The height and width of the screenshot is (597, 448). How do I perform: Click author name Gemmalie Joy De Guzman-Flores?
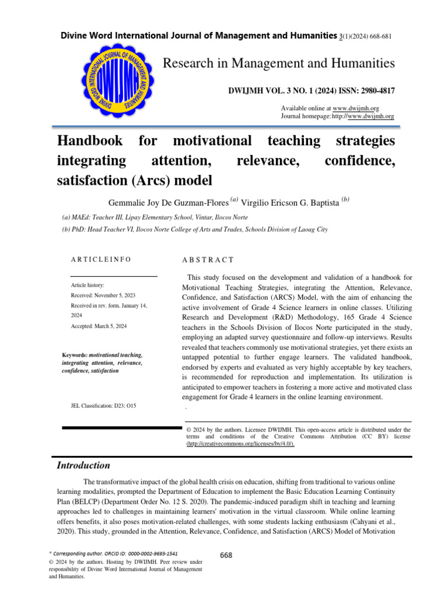click(169, 202)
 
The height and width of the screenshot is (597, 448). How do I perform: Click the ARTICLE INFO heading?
click(101, 259)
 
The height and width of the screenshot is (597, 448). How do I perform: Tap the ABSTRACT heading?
click(209, 259)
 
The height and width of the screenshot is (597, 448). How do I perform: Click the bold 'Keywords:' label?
click(75, 354)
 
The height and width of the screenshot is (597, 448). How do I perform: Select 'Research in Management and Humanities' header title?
click(278, 62)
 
